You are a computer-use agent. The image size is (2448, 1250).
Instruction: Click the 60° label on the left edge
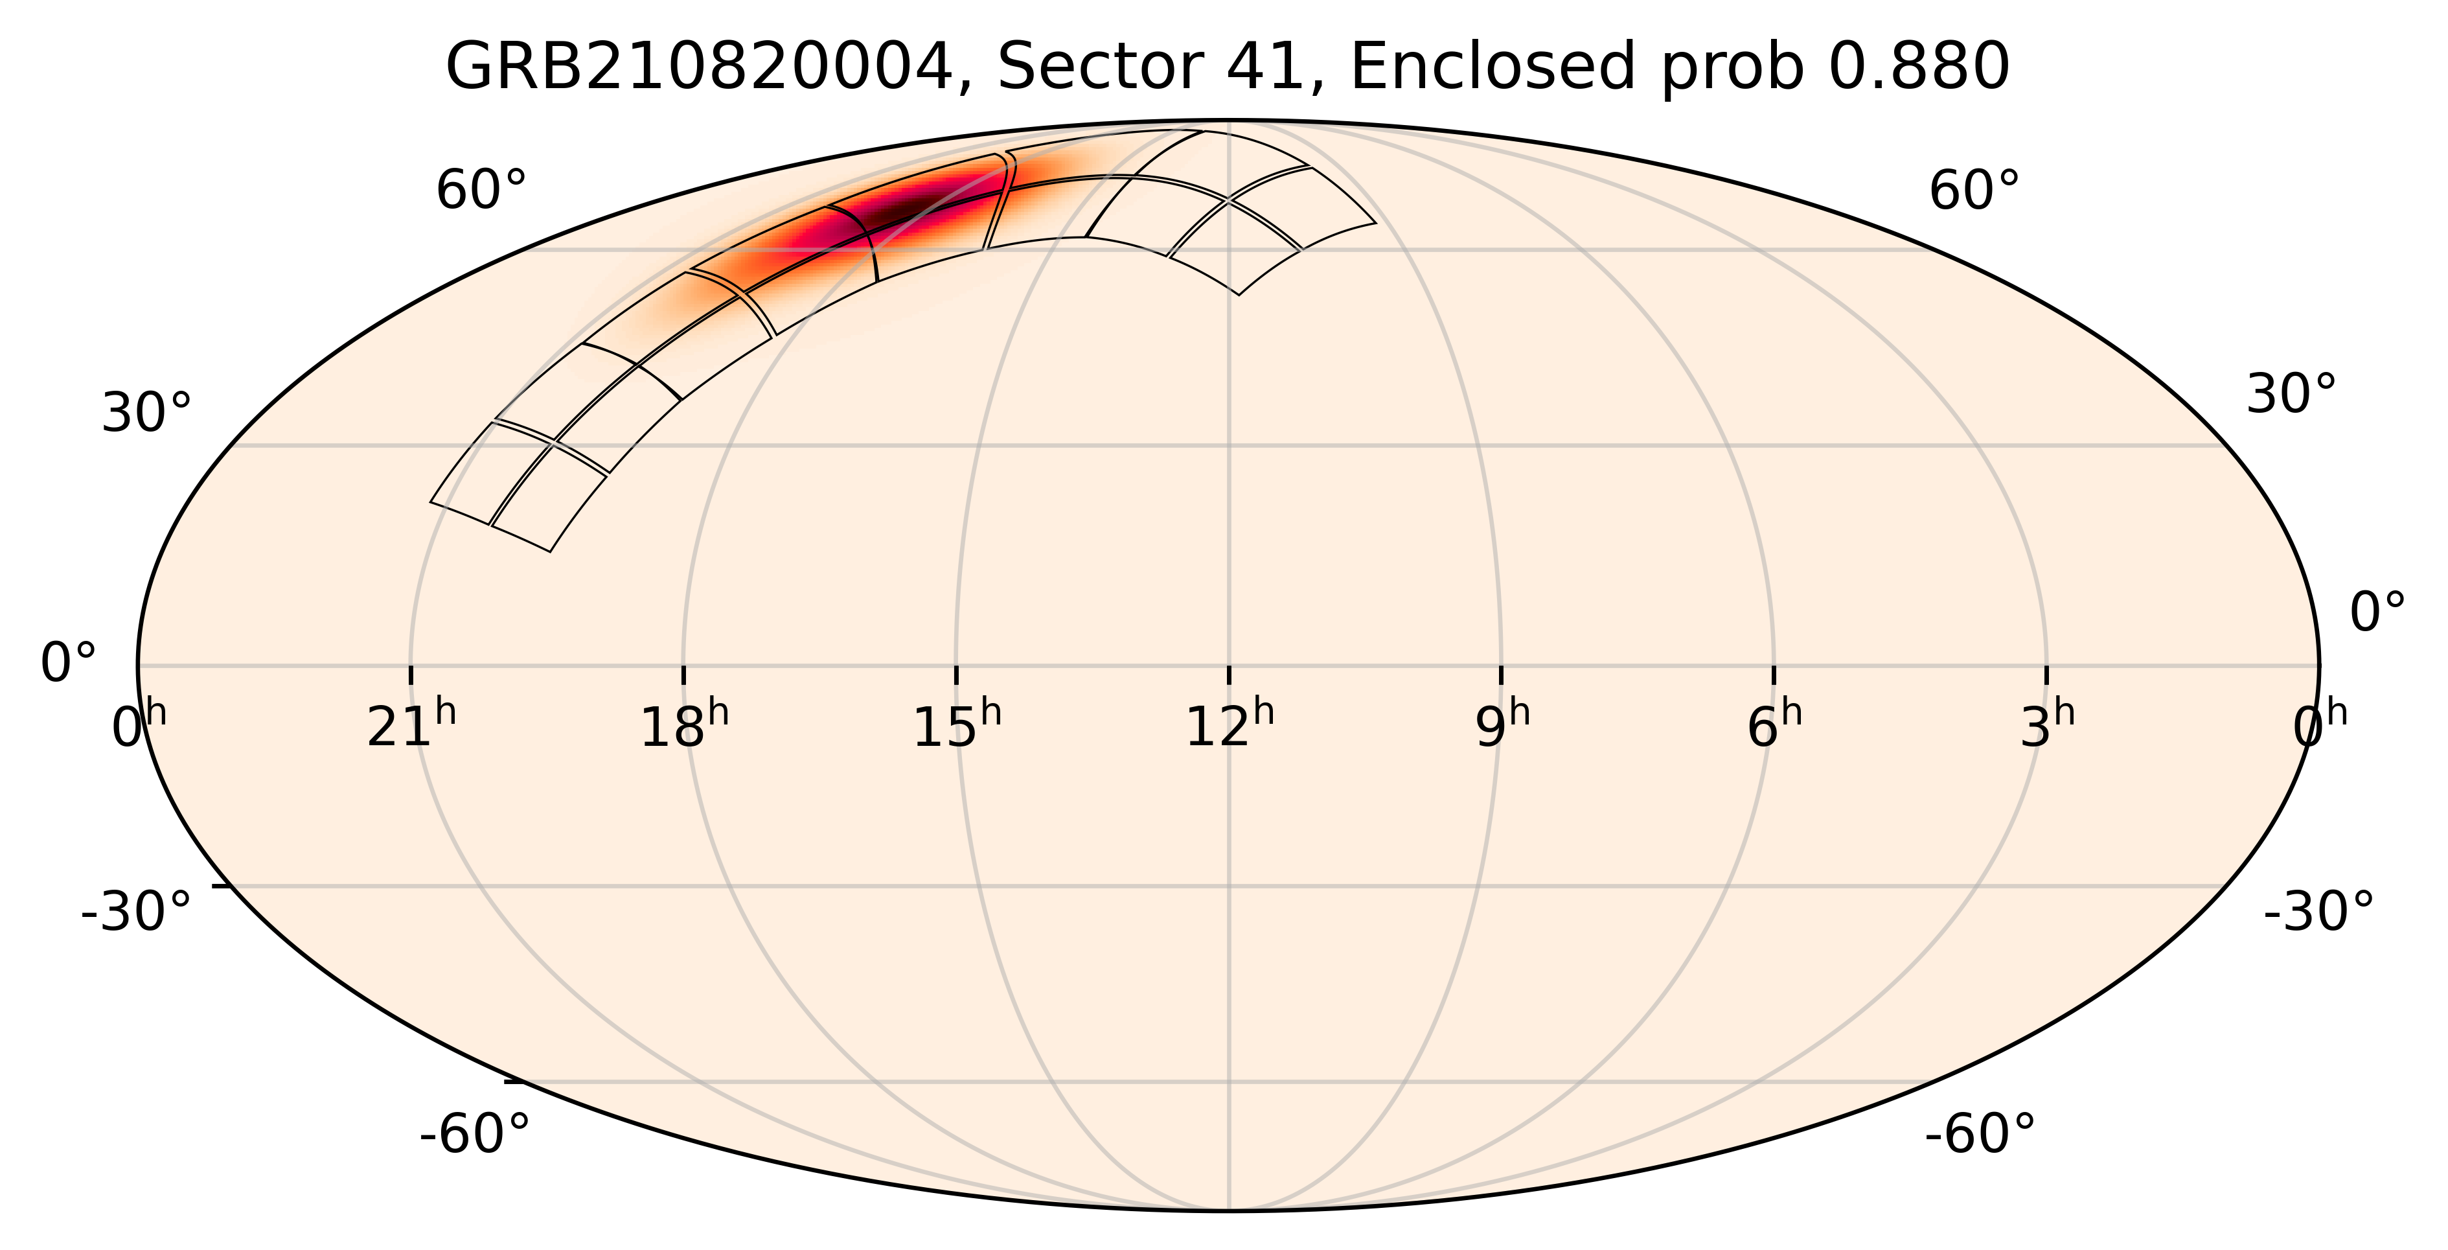point(481,191)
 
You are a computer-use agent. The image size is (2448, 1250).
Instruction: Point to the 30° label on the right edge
point(2290,393)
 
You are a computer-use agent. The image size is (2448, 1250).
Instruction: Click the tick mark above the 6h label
point(1774,674)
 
